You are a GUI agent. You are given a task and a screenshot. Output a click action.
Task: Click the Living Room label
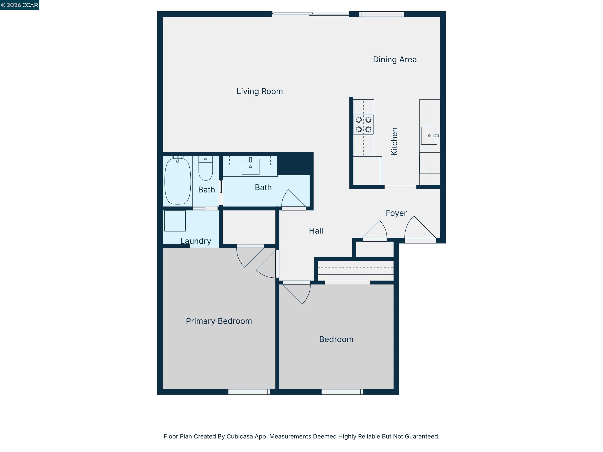click(259, 91)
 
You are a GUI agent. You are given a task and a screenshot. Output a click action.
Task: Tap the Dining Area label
click(395, 60)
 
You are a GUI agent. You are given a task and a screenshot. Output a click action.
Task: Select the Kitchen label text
click(394, 141)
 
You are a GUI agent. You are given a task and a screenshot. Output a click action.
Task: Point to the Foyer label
click(396, 213)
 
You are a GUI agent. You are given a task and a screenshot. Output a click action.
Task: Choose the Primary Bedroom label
click(219, 321)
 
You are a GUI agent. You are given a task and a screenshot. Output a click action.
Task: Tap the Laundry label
click(196, 241)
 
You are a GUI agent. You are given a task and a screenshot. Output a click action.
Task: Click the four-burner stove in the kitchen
click(363, 125)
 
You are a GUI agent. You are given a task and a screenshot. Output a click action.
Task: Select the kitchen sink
click(429, 136)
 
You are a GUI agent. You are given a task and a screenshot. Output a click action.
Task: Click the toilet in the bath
click(205, 169)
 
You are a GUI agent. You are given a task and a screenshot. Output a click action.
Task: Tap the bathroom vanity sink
click(250, 167)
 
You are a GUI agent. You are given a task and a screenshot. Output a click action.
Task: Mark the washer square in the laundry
click(175, 221)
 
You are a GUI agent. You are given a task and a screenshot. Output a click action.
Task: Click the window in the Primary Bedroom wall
click(249, 392)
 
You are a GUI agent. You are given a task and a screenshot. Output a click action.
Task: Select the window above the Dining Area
click(381, 14)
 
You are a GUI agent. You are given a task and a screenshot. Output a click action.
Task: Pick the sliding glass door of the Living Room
click(311, 14)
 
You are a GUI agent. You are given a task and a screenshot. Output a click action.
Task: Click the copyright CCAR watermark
click(20, 5)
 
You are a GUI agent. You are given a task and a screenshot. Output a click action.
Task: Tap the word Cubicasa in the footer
click(239, 436)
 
